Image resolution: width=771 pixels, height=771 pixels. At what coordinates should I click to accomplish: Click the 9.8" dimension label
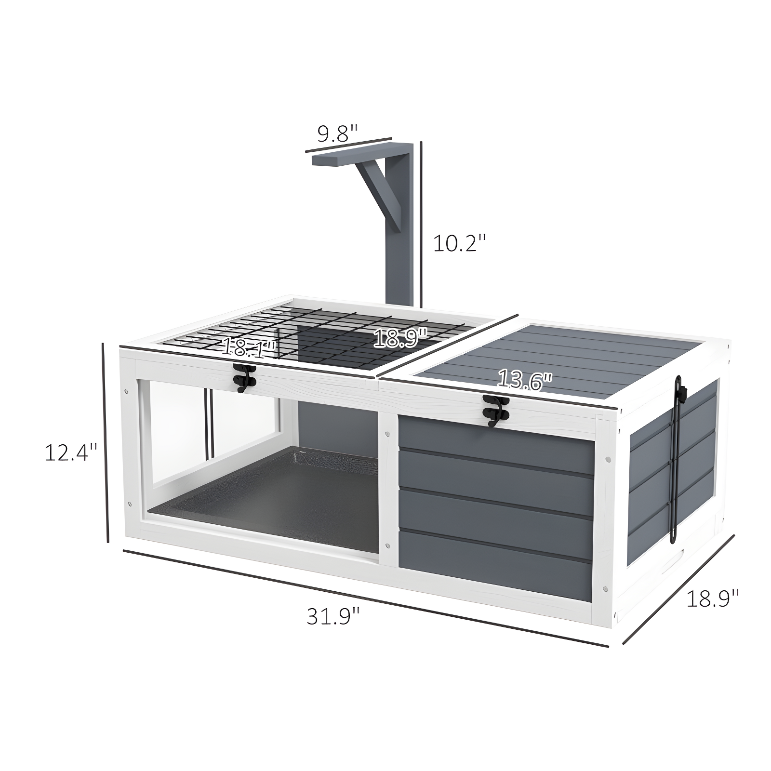tap(337, 133)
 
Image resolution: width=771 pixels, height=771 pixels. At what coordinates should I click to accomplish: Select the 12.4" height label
tap(71, 452)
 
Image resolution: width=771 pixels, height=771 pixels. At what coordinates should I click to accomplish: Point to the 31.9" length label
tap(333, 616)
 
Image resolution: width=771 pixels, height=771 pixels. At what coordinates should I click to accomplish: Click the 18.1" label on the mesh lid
tap(248, 347)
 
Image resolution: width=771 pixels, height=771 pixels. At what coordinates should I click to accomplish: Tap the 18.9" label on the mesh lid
tap(400, 338)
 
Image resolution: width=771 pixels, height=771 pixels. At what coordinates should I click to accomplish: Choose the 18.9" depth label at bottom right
tap(712, 598)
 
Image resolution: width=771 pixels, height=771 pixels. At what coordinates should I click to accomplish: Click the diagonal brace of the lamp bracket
tap(381, 193)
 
